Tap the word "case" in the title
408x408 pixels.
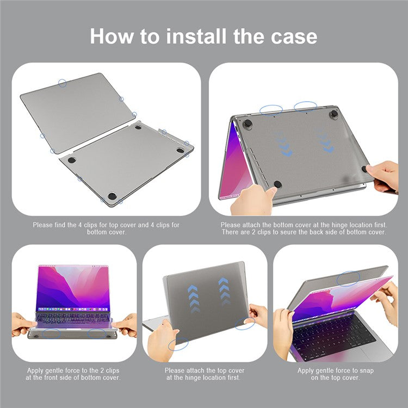tap(294, 37)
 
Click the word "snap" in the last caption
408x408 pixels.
tap(366, 371)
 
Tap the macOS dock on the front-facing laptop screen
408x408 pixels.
tap(72, 309)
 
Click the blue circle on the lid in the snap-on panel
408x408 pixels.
tap(348, 279)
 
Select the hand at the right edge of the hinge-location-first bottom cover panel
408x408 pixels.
tap(384, 176)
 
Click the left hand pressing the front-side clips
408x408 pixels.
tap(23, 324)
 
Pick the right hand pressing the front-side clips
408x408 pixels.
tap(126, 325)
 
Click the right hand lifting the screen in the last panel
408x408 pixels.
tap(386, 302)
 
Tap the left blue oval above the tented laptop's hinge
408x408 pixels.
tap(271, 110)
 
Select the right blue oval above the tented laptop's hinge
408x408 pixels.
tap(305, 107)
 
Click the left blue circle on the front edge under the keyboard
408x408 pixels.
tap(51, 333)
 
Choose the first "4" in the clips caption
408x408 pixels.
tap(81, 225)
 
